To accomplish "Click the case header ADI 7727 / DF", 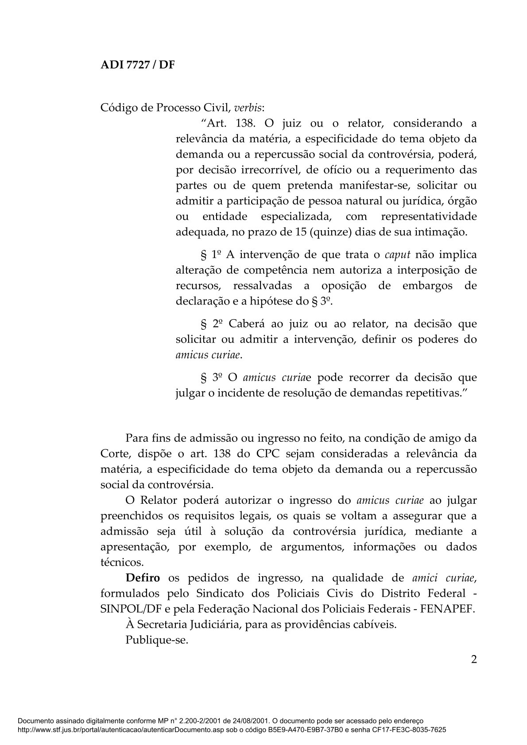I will [x=138, y=65].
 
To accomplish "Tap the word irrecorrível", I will [x=268, y=170].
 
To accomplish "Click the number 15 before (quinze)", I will [x=295, y=232].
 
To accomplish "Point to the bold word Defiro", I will [x=143, y=578].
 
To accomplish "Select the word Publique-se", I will [x=157, y=640].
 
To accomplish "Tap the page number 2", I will [x=473, y=660].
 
